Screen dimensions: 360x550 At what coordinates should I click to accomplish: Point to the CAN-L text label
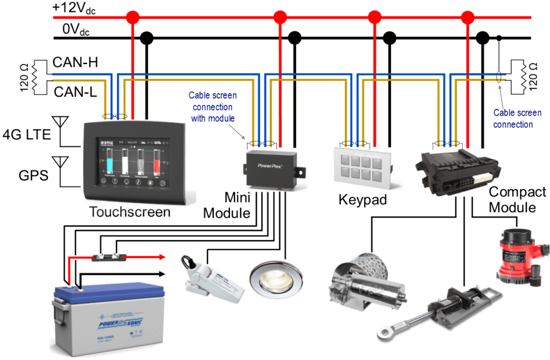pos(75,92)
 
